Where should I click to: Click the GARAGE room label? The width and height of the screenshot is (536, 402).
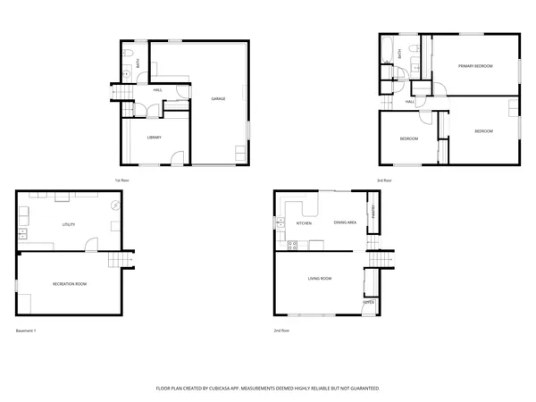pyautogui.click(x=217, y=97)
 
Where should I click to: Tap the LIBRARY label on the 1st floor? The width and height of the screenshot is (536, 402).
pyautogui.click(x=154, y=138)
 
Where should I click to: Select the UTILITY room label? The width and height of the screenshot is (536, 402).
pyautogui.click(x=68, y=224)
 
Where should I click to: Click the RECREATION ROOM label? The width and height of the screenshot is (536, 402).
pyautogui.click(x=69, y=283)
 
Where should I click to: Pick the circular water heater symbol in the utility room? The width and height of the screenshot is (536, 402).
pyautogui.click(x=114, y=205)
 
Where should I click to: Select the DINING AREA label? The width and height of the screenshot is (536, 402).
pyautogui.click(x=345, y=222)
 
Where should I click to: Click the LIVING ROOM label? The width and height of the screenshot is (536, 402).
pyautogui.click(x=320, y=279)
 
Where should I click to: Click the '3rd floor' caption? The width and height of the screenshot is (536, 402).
pyautogui.click(x=384, y=180)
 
